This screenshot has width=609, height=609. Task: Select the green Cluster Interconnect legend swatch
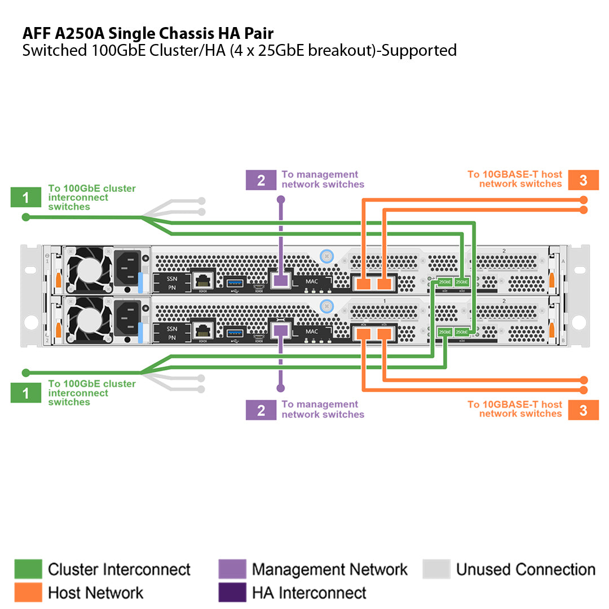(28, 570)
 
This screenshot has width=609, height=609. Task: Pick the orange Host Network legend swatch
(28, 593)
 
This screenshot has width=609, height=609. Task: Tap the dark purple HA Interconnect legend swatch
(232, 593)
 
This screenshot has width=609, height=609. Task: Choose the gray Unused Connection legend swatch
(436, 570)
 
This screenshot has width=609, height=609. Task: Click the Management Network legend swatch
(232, 570)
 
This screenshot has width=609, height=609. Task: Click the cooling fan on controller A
(88, 270)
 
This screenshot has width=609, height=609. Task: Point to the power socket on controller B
(127, 315)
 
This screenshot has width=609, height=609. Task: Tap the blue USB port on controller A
(235, 280)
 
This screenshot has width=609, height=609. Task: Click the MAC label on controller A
(312, 281)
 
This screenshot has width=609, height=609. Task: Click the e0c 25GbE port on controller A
(444, 281)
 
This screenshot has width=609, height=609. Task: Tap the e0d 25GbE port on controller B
(462, 332)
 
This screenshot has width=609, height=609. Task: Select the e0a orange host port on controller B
(364, 334)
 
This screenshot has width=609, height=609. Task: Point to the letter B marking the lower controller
(563, 341)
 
